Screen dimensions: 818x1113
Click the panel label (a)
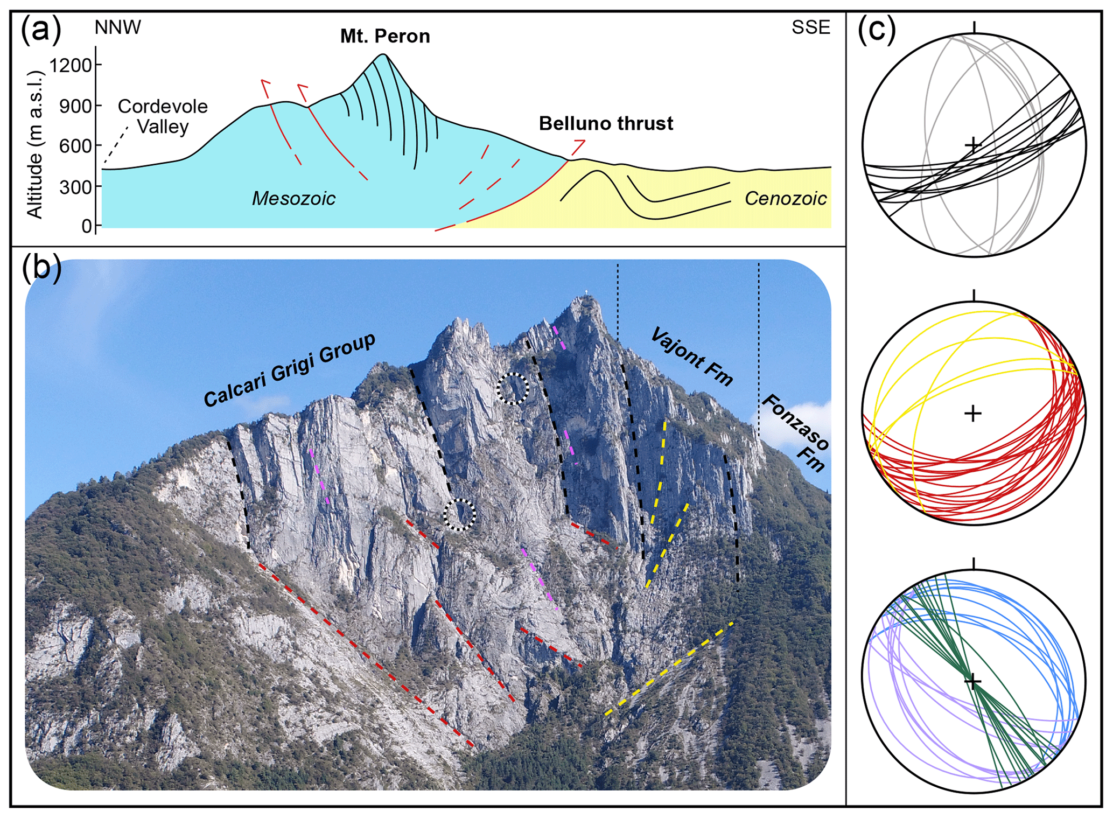[x=41, y=30]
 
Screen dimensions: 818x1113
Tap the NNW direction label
[x=117, y=27]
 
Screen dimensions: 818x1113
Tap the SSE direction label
[x=810, y=27]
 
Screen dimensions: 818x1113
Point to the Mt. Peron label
[x=385, y=36]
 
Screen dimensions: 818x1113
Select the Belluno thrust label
[x=606, y=123]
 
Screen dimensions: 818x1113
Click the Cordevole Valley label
[x=162, y=116]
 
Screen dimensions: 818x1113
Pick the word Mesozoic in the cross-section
[x=293, y=199]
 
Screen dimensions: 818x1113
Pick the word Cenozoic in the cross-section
[x=785, y=199]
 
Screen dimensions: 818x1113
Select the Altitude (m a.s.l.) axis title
[x=34, y=144]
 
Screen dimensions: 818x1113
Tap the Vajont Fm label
[x=692, y=357]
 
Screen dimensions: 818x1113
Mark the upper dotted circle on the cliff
[x=513, y=388]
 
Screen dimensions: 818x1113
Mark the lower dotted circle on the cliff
[x=459, y=515]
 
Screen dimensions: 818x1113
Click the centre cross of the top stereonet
[x=972, y=145]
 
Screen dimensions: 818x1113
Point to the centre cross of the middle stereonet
[x=972, y=414]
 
